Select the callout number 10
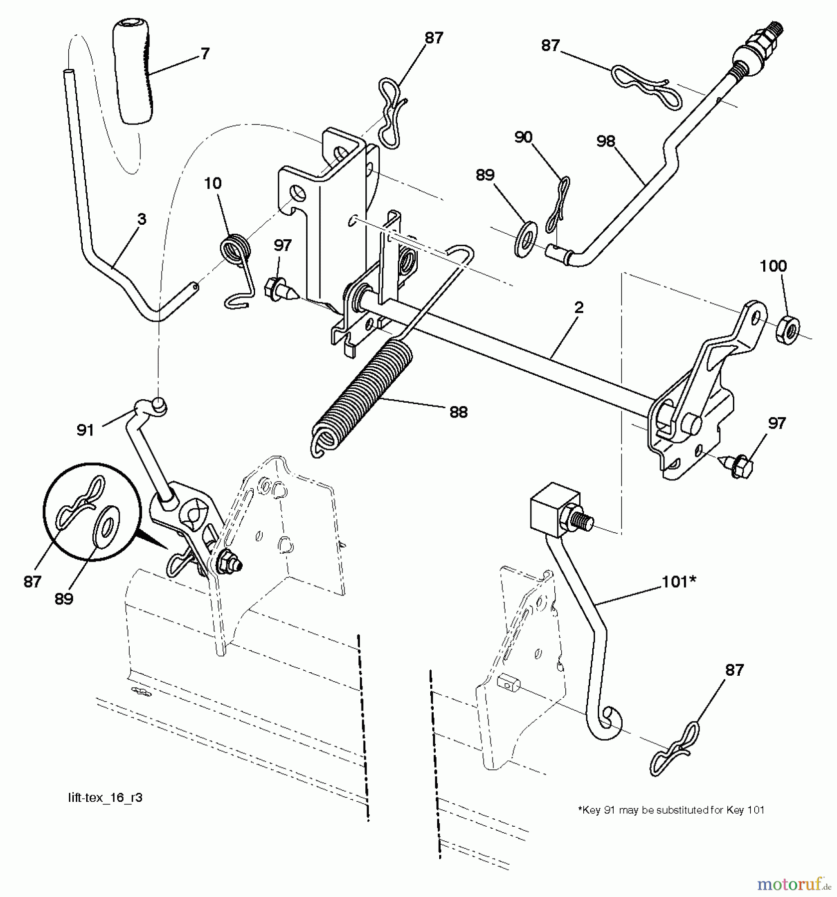pos(212,183)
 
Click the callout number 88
pos(458,412)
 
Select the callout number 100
pos(773,266)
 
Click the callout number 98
pos(606,142)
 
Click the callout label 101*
pos(678,582)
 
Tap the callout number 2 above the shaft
pos(578,307)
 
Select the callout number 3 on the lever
pos(142,219)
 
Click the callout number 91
pos(85,430)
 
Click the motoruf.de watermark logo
pos(793,884)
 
